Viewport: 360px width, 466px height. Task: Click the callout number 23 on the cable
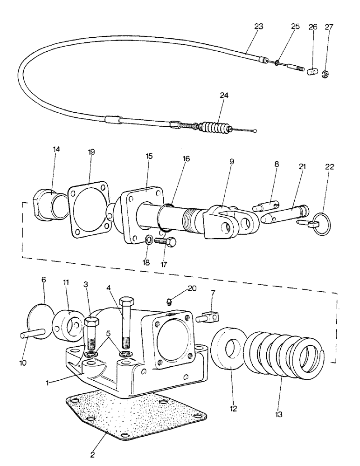tap(258, 27)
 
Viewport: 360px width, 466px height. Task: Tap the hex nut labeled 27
tap(325, 74)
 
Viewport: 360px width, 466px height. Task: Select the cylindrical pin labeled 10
tap(33, 334)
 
